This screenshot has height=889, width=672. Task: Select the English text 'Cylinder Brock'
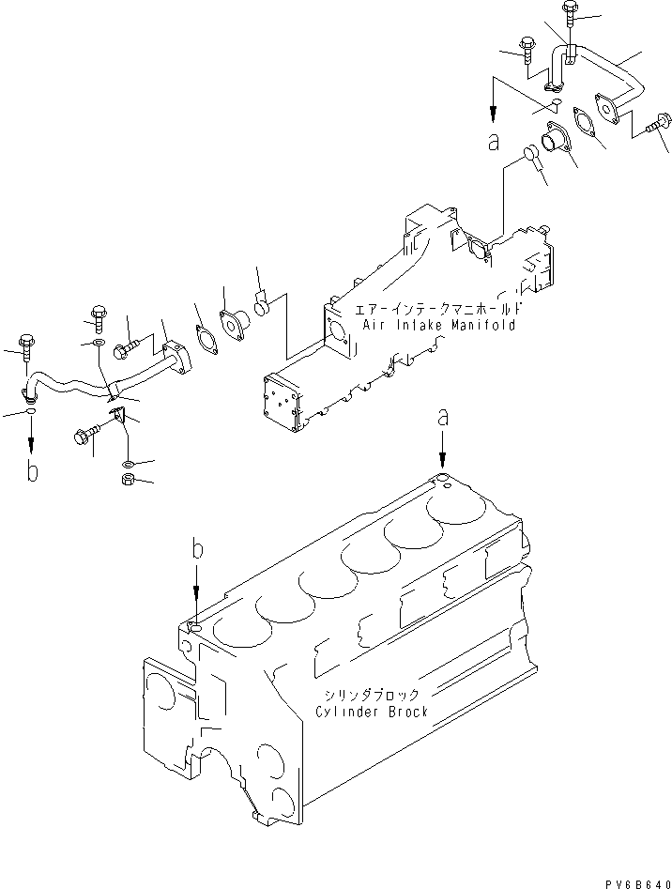[371, 712]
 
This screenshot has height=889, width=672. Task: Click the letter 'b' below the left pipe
[33, 472]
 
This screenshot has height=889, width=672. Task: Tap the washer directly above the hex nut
[128, 463]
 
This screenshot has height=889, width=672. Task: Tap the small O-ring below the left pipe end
[33, 410]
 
